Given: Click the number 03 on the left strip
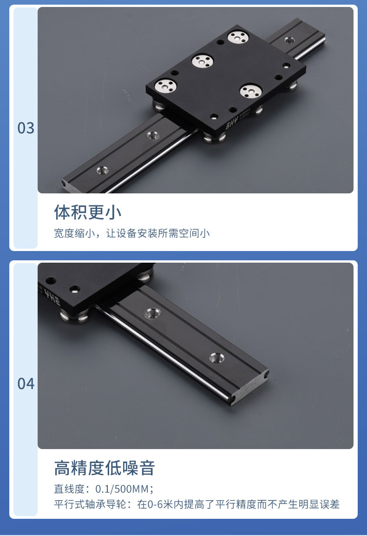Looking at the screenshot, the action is click(26, 128).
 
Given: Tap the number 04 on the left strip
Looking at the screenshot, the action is click(26, 384).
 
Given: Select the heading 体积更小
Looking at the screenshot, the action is click(88, 212).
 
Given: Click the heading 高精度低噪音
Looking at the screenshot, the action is click(105, 468).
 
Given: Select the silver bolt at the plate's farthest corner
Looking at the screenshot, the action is click(238, 37).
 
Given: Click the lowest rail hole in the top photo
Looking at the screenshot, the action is click(103, 170).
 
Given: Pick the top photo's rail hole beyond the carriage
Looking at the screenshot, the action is click(289, 40).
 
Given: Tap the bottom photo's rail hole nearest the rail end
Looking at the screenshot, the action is click(217, 357).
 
